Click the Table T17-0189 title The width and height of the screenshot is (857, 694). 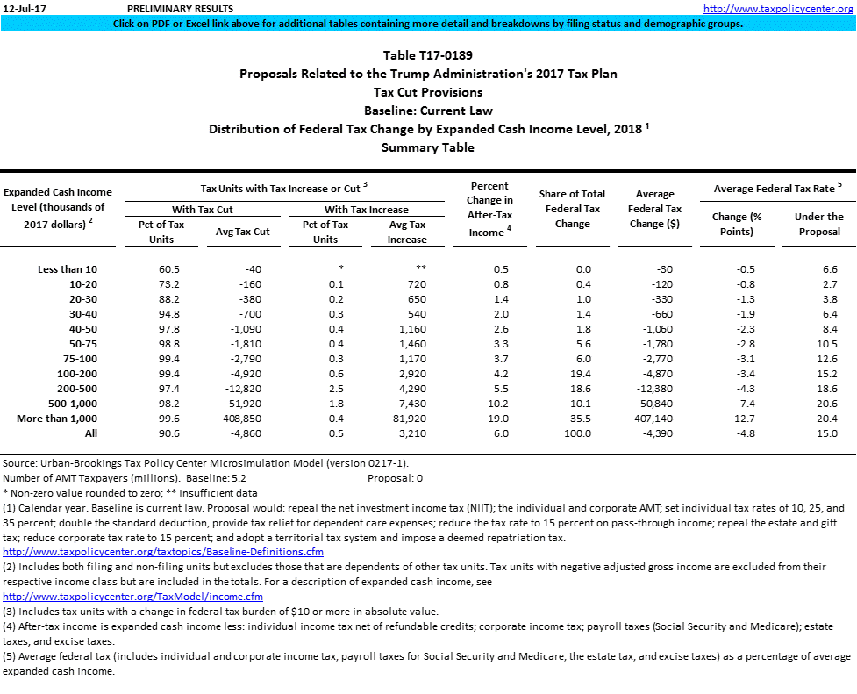(x=428, y=55)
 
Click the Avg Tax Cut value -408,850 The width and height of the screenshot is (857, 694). (x=242, y=419)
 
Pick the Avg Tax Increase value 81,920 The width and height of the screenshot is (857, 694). (x=407, y=419)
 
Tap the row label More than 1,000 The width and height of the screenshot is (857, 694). (x=58, y=419)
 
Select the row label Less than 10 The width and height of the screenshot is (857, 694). (x=68, y=269)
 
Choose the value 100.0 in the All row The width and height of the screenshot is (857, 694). (x=576, y=433)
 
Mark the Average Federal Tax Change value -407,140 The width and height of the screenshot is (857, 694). (x=651, y=419)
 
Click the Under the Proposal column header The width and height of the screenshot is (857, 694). (x=818, y=224)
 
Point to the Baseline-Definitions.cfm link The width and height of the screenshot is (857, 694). (x=163, y=552)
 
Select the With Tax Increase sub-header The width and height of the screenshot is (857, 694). (x=366, y=210)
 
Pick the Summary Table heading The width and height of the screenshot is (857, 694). (x=428, y=147)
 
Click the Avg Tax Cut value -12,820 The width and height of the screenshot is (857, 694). (x=246, y=390)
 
